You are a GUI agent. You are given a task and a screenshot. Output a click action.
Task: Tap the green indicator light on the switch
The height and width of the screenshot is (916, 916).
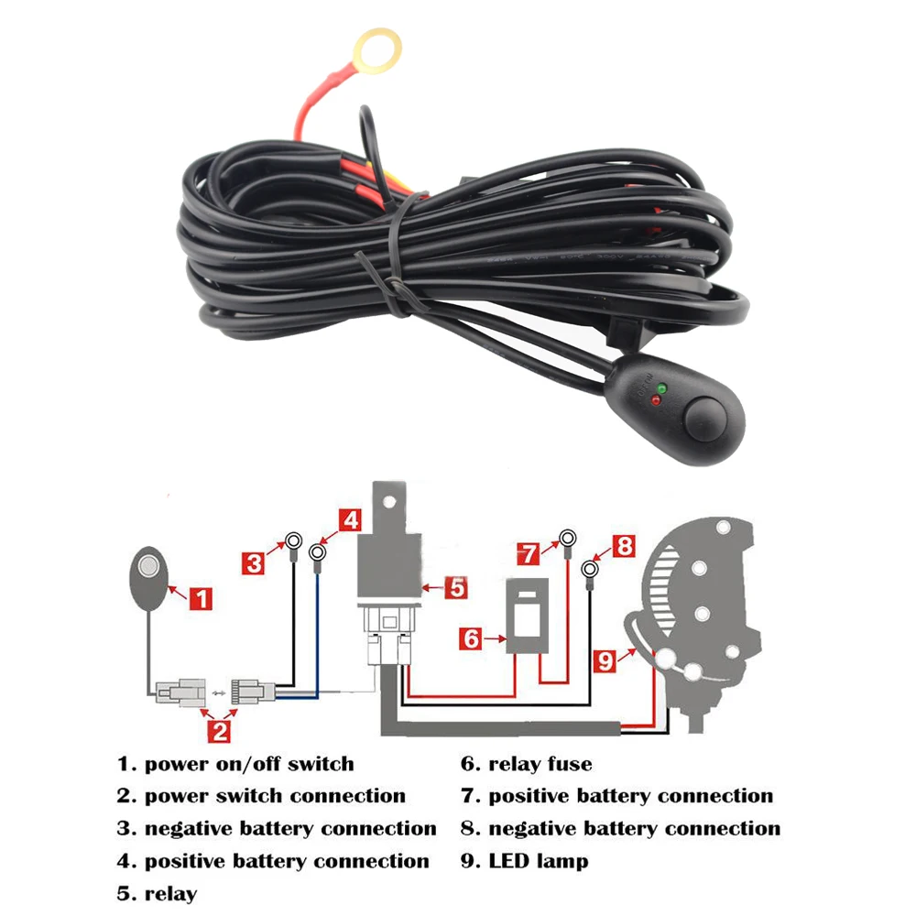tap(661, 387)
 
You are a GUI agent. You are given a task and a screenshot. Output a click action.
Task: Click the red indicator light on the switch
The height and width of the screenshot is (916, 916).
tap(656, 400)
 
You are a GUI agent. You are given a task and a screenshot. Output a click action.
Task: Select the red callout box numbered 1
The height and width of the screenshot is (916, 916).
tap(201, 599)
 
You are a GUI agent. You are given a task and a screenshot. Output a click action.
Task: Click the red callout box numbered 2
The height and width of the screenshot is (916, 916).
tap(220, 731)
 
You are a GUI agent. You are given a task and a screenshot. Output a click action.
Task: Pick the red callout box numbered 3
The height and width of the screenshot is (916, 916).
tap(254, 563)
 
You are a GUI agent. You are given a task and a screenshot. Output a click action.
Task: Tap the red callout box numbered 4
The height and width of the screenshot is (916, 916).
tap(350, 519)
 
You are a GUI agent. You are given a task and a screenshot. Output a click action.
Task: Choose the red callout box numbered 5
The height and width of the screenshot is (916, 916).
tap(456, 587)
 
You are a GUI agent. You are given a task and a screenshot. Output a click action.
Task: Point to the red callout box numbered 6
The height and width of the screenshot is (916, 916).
tap(471, 638)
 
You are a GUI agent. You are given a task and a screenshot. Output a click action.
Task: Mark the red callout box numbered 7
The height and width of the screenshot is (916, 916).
tap(529, 553)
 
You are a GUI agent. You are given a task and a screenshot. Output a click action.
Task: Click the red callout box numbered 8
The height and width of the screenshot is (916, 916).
tap(625, 546)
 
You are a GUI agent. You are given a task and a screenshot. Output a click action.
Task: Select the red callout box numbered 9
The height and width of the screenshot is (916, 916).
tap(605, 660)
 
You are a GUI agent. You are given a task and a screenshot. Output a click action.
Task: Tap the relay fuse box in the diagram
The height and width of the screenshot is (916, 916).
tap(527, 616)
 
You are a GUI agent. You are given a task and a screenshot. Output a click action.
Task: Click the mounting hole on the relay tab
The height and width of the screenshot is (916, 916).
tap(388, 501)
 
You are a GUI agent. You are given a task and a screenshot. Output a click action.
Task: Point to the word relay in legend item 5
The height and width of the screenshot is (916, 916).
tap(170, 893)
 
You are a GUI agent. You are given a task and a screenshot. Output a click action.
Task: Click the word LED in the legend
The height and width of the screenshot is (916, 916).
tap(508, 860)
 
